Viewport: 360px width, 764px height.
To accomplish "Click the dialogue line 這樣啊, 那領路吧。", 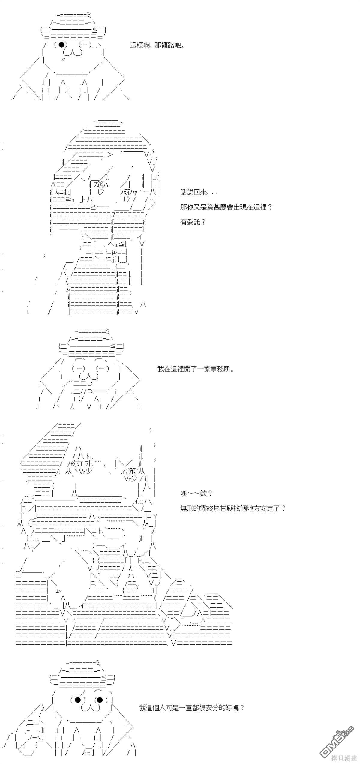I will [157, 46].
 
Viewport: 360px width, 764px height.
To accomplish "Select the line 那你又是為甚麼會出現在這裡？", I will [226, 207].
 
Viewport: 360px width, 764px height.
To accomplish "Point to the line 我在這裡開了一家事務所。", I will [195, 369].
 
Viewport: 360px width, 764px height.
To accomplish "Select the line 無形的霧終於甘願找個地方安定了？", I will [233, 508].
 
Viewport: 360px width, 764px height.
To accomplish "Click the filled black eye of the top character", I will [62, 45].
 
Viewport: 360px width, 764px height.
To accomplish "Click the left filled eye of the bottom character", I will [77, 700].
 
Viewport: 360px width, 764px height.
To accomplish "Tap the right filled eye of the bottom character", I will [100, 700].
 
